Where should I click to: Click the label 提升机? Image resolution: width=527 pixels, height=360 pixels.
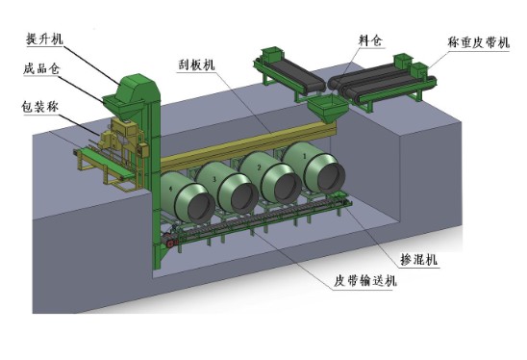point(44,39)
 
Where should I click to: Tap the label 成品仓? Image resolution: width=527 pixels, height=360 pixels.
point(41,68)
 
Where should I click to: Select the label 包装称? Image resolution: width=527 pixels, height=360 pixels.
point(39,107)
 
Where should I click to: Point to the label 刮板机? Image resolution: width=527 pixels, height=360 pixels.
point(196,64)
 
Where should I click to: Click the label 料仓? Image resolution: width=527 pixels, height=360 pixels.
point(370,40)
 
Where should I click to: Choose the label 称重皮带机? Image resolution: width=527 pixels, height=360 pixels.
point(479,42)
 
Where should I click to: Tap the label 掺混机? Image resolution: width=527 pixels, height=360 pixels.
point(418,259)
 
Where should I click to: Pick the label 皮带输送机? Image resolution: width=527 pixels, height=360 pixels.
point(364,281)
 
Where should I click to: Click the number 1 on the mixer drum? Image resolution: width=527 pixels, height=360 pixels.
point(305,156)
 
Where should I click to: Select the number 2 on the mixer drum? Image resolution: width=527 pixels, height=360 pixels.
point(259,167)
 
